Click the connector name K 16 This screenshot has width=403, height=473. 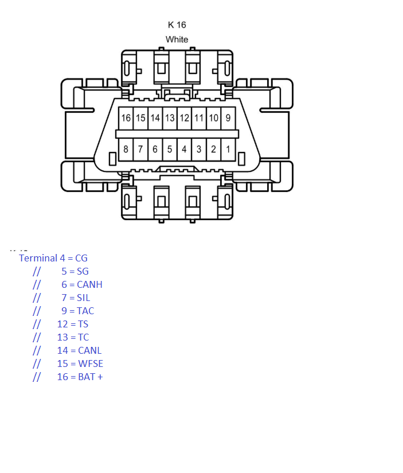click(x=177, y=25)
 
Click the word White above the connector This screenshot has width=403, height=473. click(x=177, y=40)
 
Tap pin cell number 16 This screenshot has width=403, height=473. click(x=126, y=118)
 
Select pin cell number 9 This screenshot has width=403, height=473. click(x=228, y=118)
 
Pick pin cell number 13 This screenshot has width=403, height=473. click(x=170, y=118)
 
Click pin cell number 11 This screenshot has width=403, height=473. click(x=199, y=118)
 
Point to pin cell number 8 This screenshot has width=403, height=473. click(x=126, y=149)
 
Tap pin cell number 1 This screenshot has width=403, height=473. click(x=228, y=149)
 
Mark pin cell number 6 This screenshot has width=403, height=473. click(x=155, y=149)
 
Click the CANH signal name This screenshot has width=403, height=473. click(x=89, y=284)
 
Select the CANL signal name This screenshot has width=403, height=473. click(x=89, y=350)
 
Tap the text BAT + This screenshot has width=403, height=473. click(x=91, y=377)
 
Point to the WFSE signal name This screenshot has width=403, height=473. click(x=91, y=363)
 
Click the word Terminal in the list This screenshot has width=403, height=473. click(x=38, y=258)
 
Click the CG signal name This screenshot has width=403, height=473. click(x=81, y=258)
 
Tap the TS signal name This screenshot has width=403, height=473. click(x=83, y=324)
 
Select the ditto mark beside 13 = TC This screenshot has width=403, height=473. click(x=37, y=337)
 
